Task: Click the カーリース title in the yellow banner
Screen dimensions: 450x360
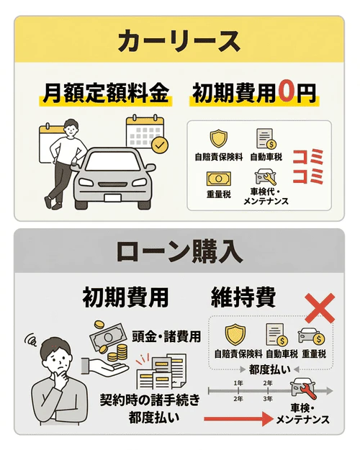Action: (x=179, y=41)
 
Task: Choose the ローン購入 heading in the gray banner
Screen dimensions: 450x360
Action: (x=179, y=252)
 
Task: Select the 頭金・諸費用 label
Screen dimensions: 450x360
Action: (x=163, y=336)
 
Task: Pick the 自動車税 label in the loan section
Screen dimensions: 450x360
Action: (x=272, y=354)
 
